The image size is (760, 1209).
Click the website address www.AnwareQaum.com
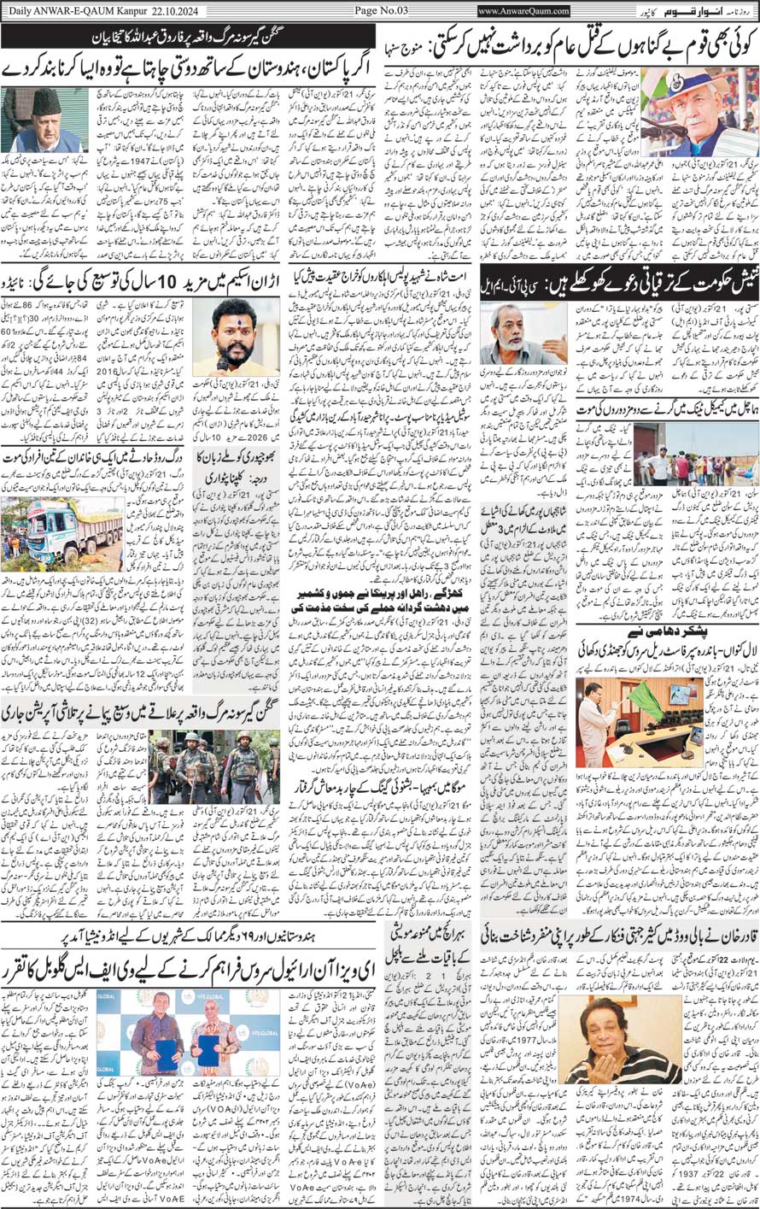pyautogui.click(x=523, y=10)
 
